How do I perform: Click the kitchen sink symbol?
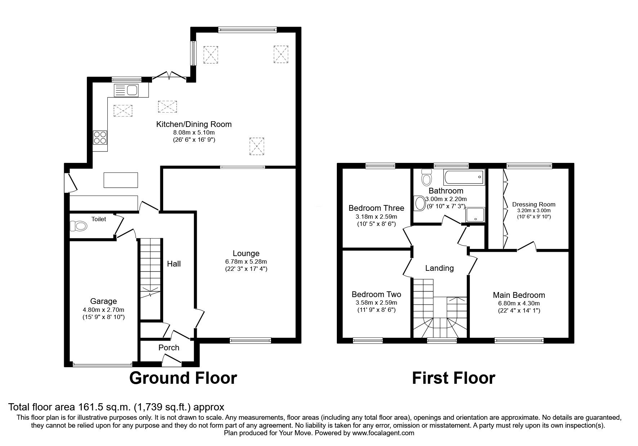126,90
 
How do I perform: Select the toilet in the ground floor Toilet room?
79,226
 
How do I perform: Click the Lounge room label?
246,254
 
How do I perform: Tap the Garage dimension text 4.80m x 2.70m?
103,310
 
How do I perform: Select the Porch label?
169,347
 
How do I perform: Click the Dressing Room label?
534,204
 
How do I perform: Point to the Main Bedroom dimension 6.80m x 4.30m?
519,303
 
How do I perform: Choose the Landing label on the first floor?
440,268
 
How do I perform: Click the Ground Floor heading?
183,378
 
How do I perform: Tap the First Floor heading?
454,378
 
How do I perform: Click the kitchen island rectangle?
121,180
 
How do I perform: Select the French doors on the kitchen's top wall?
169,75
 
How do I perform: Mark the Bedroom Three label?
376,208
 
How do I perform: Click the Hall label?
174,264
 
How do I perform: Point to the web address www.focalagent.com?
383,433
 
